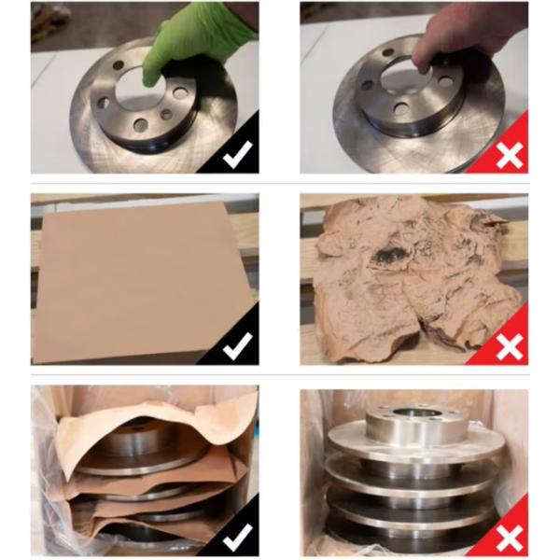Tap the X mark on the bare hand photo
coord(509,155)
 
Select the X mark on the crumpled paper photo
coord(509,346)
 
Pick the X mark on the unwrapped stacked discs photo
coord(509,538)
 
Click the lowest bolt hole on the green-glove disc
coord(140,124)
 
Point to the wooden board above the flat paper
coord(140,198)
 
